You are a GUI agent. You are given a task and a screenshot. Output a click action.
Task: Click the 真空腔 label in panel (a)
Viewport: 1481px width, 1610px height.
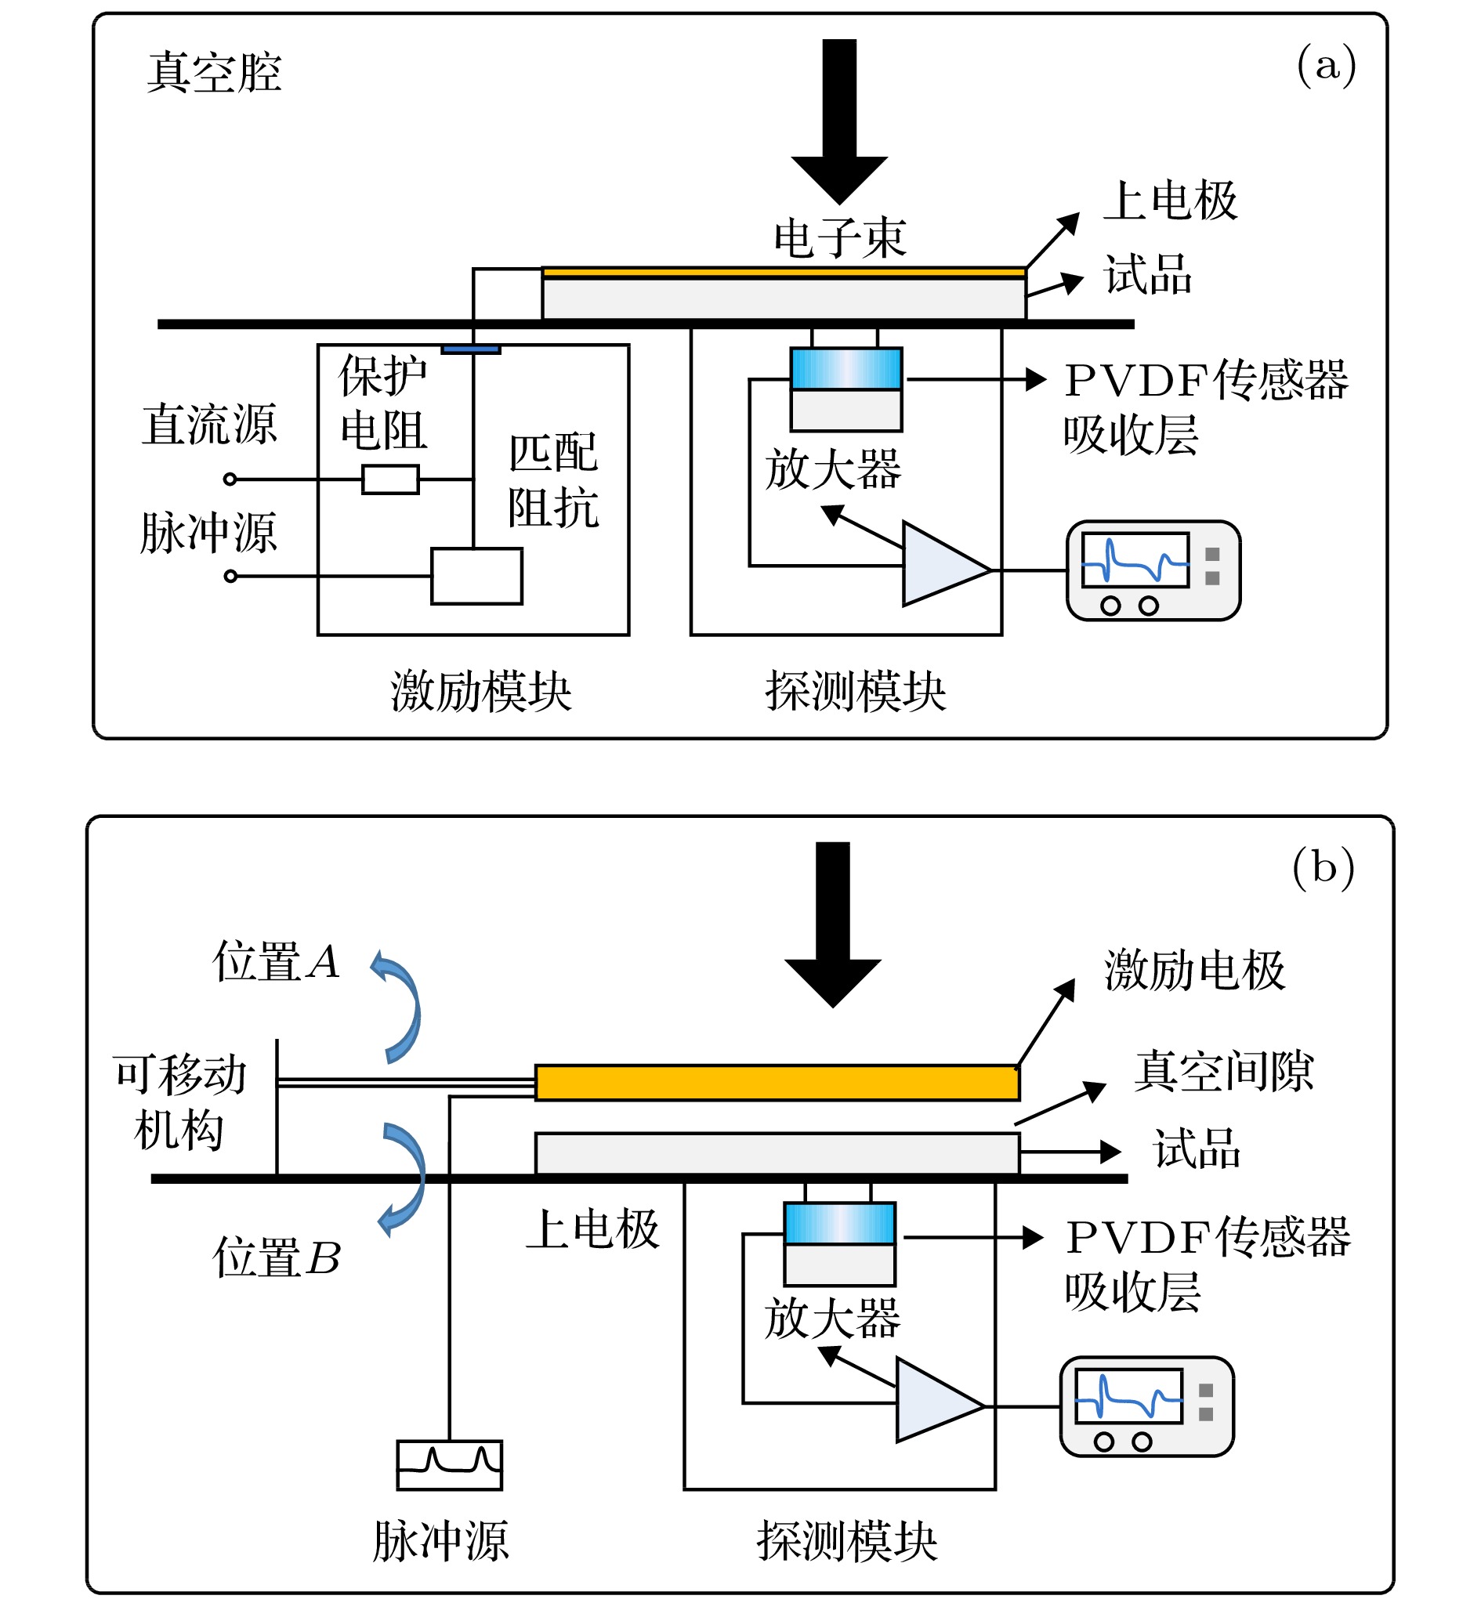click(x=214, y=72)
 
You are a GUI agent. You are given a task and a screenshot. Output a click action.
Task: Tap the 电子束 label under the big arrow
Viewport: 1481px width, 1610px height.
click(x=839, y=238)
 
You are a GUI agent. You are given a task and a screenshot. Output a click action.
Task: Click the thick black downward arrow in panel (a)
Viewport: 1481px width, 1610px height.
click(x=839, y=120)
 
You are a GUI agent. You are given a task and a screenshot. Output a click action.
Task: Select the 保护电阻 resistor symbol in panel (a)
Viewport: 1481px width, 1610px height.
click(x=390, y=479)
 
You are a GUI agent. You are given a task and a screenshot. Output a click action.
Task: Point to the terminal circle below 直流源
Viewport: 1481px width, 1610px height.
click(x=230, y=479)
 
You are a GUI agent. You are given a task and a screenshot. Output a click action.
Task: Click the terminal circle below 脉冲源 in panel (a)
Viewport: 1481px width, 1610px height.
click(x=230, y=576)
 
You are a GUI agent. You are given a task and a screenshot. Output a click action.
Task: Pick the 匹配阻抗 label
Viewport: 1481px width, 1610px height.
click(x=553, y=480)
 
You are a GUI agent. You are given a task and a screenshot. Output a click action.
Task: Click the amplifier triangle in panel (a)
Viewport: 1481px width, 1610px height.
click(x=942, y=563)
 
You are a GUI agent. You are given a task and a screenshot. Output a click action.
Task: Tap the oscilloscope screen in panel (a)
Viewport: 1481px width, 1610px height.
click(x=1135, y=559)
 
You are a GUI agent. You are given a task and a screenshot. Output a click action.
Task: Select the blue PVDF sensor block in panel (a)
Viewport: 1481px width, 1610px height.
click(x=846, y=369)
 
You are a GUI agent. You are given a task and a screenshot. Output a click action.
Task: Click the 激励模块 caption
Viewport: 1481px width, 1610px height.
click(x=481, y=691)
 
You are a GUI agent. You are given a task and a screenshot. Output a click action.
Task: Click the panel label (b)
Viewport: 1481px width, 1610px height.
click(x=1323, y=867)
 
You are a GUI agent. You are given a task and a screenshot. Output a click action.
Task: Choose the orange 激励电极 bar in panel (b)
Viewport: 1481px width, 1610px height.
click(x=777, y=1083)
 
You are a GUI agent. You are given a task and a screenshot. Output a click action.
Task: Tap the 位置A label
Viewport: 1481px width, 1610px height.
click(x=276, y=961)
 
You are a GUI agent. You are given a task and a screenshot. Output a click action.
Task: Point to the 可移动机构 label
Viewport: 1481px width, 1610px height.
click(x=180, y=1102)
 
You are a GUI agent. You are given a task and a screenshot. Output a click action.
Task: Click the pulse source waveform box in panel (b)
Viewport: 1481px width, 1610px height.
click(x=450, y=1465)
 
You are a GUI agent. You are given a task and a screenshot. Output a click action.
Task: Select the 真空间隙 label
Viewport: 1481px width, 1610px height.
click(x=1224, y=1071)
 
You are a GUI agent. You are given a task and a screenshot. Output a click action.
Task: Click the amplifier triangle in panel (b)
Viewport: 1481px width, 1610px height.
click(x=936, y=1399)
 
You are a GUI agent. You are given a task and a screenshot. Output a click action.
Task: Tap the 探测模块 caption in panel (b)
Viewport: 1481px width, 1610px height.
click(x=847, y=1540)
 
